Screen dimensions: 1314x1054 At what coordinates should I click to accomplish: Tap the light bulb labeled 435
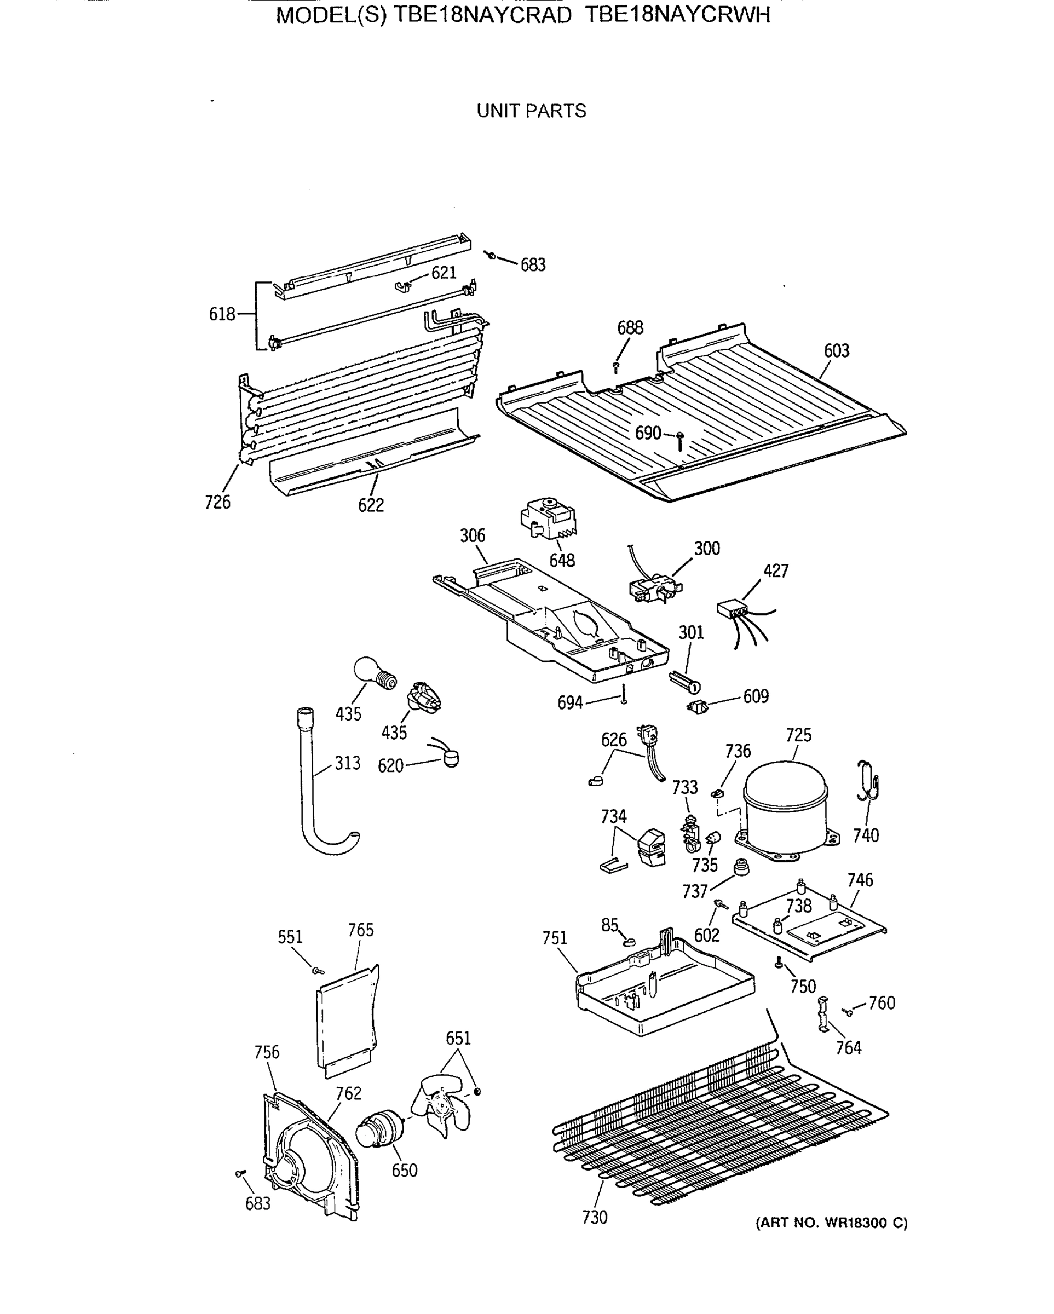[x=372, y=672]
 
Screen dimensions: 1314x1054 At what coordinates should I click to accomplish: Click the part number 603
[x=837, y=350]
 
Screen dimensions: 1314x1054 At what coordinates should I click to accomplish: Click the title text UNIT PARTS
[x=531, y=111]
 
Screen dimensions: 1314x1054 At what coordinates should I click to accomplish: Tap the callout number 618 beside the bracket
[x=222, y=314]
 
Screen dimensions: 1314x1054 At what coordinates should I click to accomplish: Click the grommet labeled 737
[x=741, y=866]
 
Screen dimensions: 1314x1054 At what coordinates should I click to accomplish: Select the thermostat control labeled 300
[x=654, y=587]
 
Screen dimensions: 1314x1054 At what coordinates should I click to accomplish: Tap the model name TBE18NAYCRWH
[x=677, y=15]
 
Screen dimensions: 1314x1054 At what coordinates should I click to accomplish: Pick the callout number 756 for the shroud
[x=267, y=1052]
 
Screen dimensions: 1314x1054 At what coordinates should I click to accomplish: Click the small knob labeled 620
[x=451, y=758]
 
